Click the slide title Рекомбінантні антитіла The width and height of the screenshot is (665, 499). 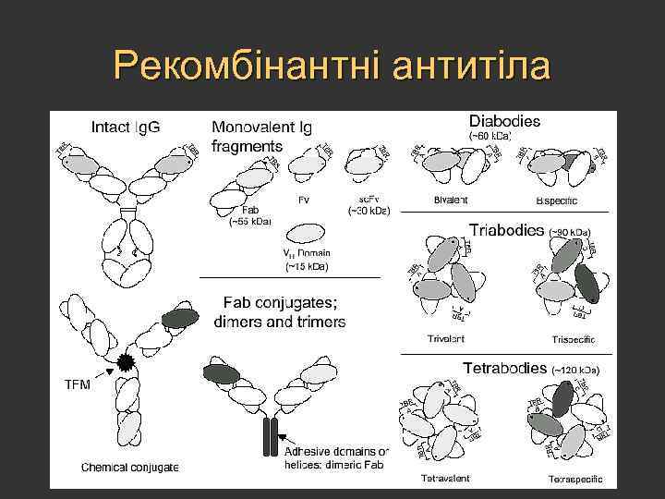point(332,67)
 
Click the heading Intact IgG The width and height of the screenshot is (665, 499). point(126,126)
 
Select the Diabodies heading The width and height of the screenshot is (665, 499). point(504,120)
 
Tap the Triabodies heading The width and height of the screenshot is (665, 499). point(506,230)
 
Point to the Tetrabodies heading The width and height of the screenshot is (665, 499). point(507,367)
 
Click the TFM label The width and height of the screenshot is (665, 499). point(77,384)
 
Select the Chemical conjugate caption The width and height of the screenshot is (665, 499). point(130,467)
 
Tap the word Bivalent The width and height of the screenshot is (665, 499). point(451,200)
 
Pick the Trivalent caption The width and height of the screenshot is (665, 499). point(446,339)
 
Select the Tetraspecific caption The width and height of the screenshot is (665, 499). point(575,479)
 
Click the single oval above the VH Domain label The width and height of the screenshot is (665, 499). point(307,233)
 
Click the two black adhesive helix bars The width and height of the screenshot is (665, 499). point(270,436)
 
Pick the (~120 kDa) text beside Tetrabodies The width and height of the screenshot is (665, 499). point(575,370)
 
